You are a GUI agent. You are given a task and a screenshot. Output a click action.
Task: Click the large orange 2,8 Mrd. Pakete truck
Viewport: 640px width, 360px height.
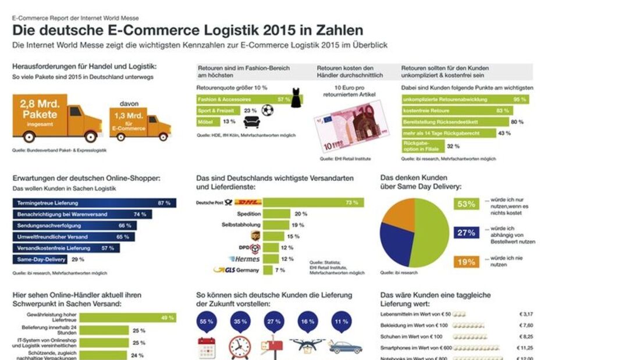point(55,118)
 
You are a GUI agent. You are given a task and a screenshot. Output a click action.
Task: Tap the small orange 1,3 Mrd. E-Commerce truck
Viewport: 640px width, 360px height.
point(140,121)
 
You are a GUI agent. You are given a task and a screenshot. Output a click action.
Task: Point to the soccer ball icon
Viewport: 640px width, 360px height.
point(267,110)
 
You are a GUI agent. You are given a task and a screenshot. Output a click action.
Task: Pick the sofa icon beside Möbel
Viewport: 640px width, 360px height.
point(252,122)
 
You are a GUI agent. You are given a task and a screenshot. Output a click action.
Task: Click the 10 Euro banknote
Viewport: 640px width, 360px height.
point(350,124)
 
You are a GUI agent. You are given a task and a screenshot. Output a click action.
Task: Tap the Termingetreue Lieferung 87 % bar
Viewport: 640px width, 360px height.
point(93,203)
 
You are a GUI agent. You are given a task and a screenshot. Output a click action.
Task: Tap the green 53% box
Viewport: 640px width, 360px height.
point(466,204)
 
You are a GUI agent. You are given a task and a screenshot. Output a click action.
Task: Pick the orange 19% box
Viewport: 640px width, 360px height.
point(466,262)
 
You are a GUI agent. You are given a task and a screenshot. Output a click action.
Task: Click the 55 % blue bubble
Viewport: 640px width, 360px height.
point(207,322)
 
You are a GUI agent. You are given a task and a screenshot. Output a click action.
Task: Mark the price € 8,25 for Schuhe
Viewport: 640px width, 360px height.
point(526,337)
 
